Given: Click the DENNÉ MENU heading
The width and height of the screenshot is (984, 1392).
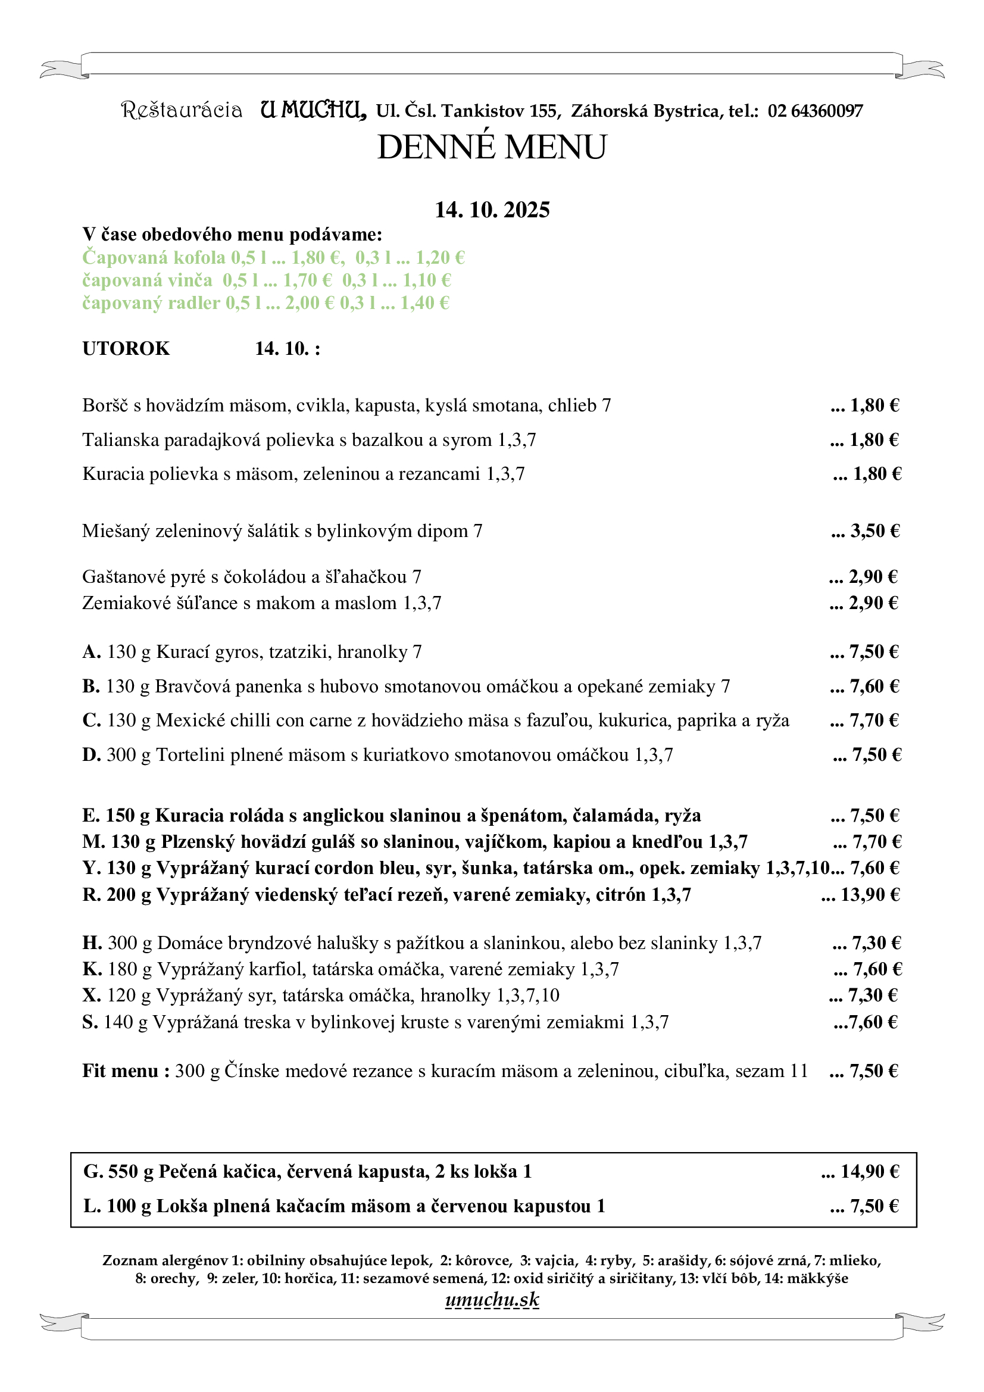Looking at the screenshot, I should click(x=492, y=147).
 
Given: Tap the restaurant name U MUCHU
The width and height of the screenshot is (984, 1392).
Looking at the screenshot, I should click(x=313, y=110).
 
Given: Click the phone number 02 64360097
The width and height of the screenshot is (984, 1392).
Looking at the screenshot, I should click(x=815, y=111).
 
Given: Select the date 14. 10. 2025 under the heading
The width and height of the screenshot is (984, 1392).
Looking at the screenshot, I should click(x=492, y=210).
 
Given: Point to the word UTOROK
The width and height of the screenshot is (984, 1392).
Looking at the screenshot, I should click(x=126, y=349).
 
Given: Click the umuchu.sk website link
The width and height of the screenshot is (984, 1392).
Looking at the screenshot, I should click(x=492, y=1300).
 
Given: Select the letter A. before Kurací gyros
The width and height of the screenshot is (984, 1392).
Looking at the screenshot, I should click(x=92, y=652).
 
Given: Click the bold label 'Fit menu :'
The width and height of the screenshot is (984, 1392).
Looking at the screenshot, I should click(x=126, y=1070).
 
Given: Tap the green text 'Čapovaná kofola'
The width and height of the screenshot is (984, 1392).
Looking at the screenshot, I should click(x=154, y=258).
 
